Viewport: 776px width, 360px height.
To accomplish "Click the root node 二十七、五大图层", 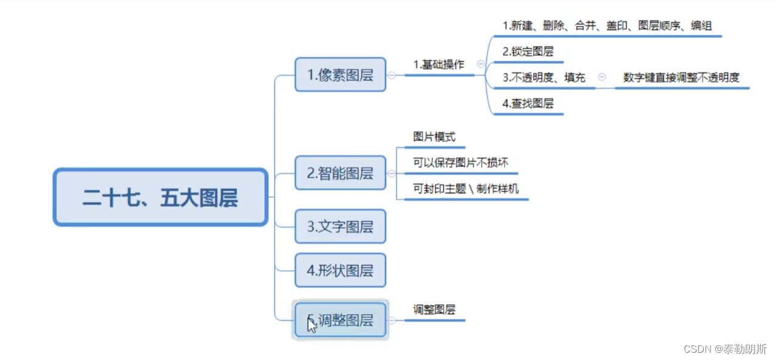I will (160, 198).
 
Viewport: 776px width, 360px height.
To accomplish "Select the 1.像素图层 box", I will (340, 75).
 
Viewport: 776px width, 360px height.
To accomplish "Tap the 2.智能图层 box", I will (340, 173).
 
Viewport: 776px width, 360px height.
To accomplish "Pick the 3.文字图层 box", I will (340, 226).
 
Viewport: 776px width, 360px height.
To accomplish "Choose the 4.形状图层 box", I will (340, 270).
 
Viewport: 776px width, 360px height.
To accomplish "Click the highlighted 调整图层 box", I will (340, 320).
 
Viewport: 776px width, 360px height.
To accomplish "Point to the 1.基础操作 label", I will (438, 64).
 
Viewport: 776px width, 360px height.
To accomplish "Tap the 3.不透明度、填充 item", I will (544, 78).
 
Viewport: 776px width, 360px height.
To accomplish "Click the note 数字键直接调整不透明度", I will (681, 78).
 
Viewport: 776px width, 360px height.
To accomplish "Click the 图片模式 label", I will (434, 137).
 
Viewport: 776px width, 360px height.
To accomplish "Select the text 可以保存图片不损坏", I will (460, 163).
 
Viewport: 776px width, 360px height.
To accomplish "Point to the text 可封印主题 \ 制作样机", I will (466, 189).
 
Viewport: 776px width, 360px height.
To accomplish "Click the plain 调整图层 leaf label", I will (434, 310).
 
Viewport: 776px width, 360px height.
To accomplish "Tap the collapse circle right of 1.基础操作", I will (481, 64).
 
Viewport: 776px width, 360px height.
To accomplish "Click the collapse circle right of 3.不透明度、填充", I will (602, 77).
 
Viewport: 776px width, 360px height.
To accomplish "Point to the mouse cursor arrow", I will (311, 324).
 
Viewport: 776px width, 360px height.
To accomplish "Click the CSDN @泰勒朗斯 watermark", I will (725, 349).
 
